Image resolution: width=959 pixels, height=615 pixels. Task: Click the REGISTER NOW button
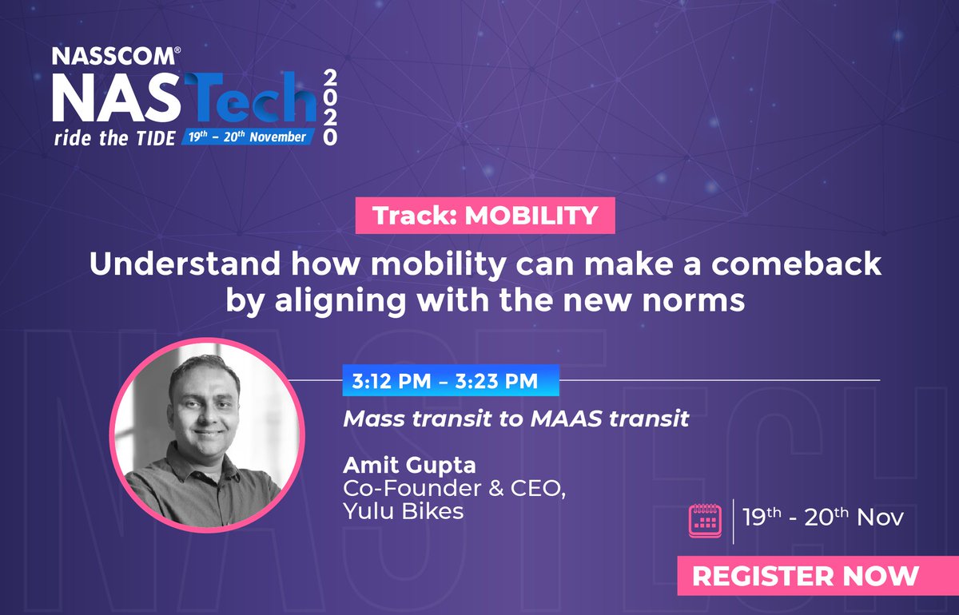tap(806, 576)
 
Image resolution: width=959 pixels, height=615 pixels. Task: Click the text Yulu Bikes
tap(403, 510)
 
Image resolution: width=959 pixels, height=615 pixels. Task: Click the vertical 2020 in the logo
tap(330, 106)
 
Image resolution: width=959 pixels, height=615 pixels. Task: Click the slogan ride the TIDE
tap(114, 137)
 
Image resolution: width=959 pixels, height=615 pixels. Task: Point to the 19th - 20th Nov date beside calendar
tap(823, 518)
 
